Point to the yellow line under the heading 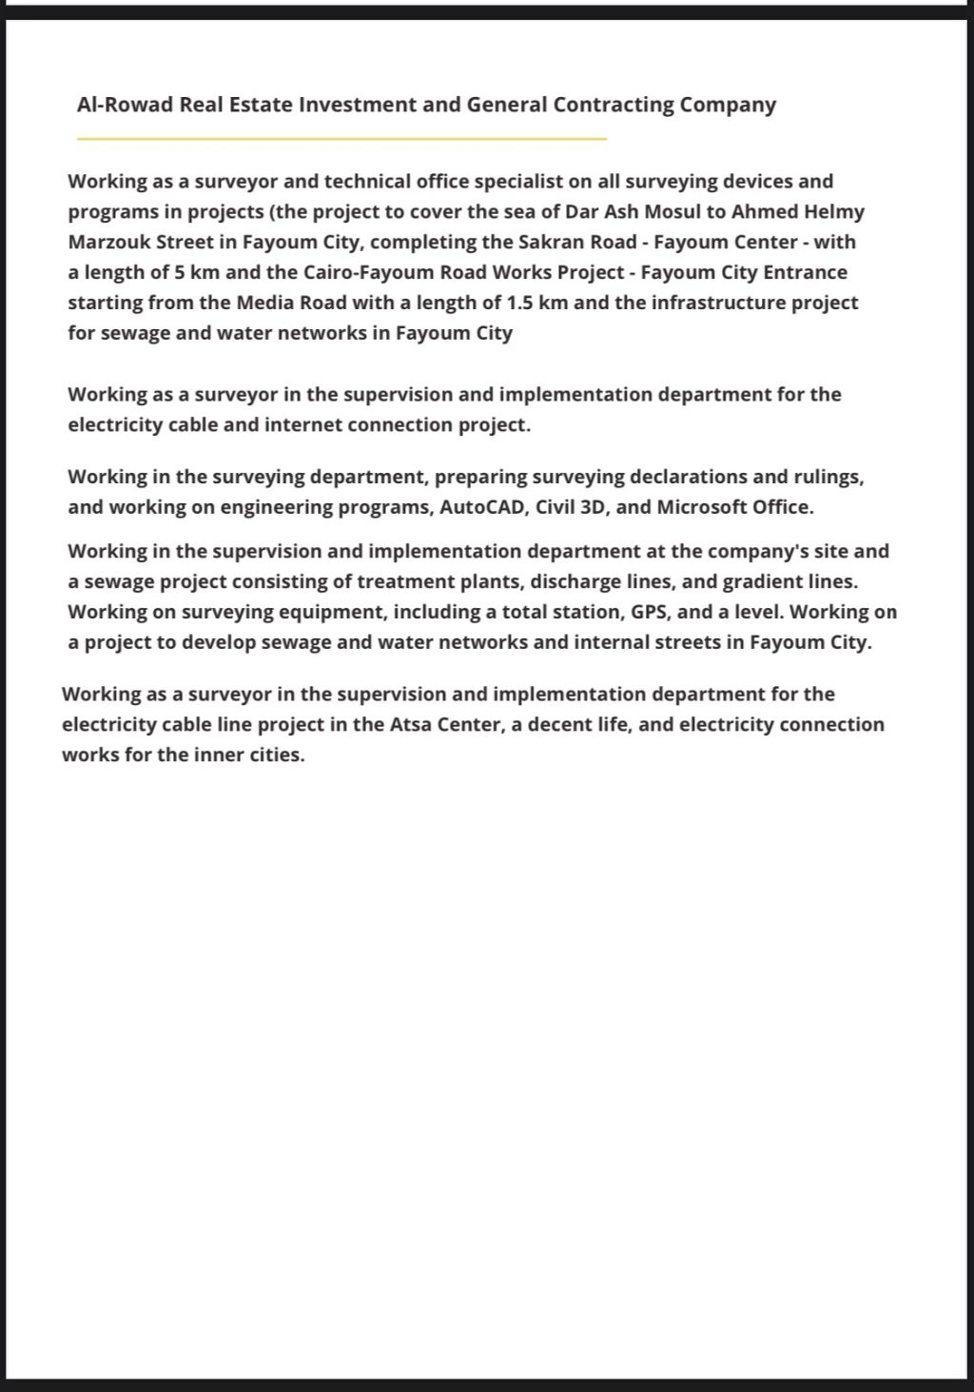(x=341, y=139)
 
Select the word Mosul (x=673, y=211)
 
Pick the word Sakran (x=550, y=242)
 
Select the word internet (x=303, y=424)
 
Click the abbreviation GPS (x=651, y=611)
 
